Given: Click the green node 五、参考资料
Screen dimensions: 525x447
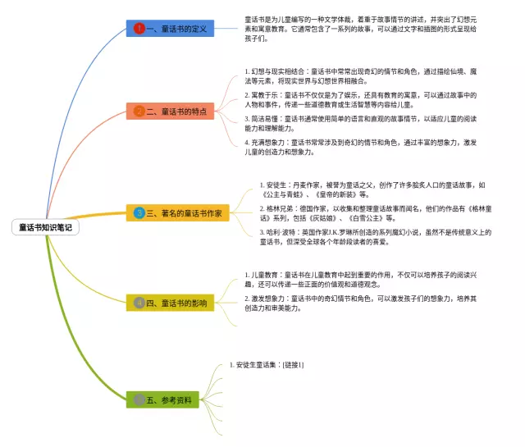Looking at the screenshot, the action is click(171, 399).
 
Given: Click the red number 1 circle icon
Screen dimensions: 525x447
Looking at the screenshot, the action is click(139, 29).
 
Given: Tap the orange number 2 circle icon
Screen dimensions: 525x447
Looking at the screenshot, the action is click(139, 111).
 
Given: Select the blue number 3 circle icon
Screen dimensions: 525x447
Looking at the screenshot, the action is click(139, 212).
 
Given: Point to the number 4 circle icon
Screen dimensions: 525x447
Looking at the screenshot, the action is click(139, 303).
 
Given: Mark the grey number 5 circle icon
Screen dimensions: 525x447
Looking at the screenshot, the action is click(139, 399).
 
